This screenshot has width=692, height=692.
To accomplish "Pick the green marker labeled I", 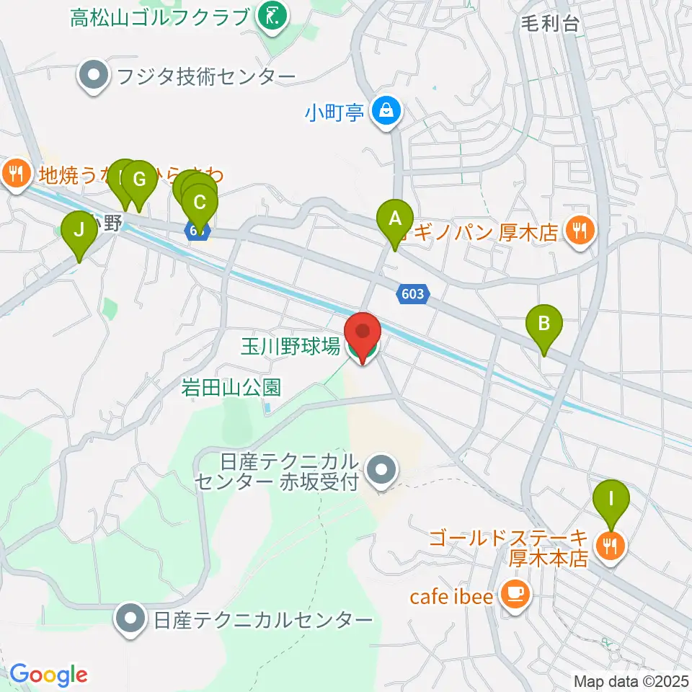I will click(x=611, y=499).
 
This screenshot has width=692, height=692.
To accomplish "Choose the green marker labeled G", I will click(x=139, y=179).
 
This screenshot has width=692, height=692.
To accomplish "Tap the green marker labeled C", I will click(x=199, y=203).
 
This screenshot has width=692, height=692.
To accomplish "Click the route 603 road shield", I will click(x=413, y=293).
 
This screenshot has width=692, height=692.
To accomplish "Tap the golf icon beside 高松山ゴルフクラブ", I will click(x=273, y=15).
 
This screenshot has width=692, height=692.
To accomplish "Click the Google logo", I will click(x=48, y=675).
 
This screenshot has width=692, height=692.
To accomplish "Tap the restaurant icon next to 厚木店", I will click(x=579, y=232).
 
